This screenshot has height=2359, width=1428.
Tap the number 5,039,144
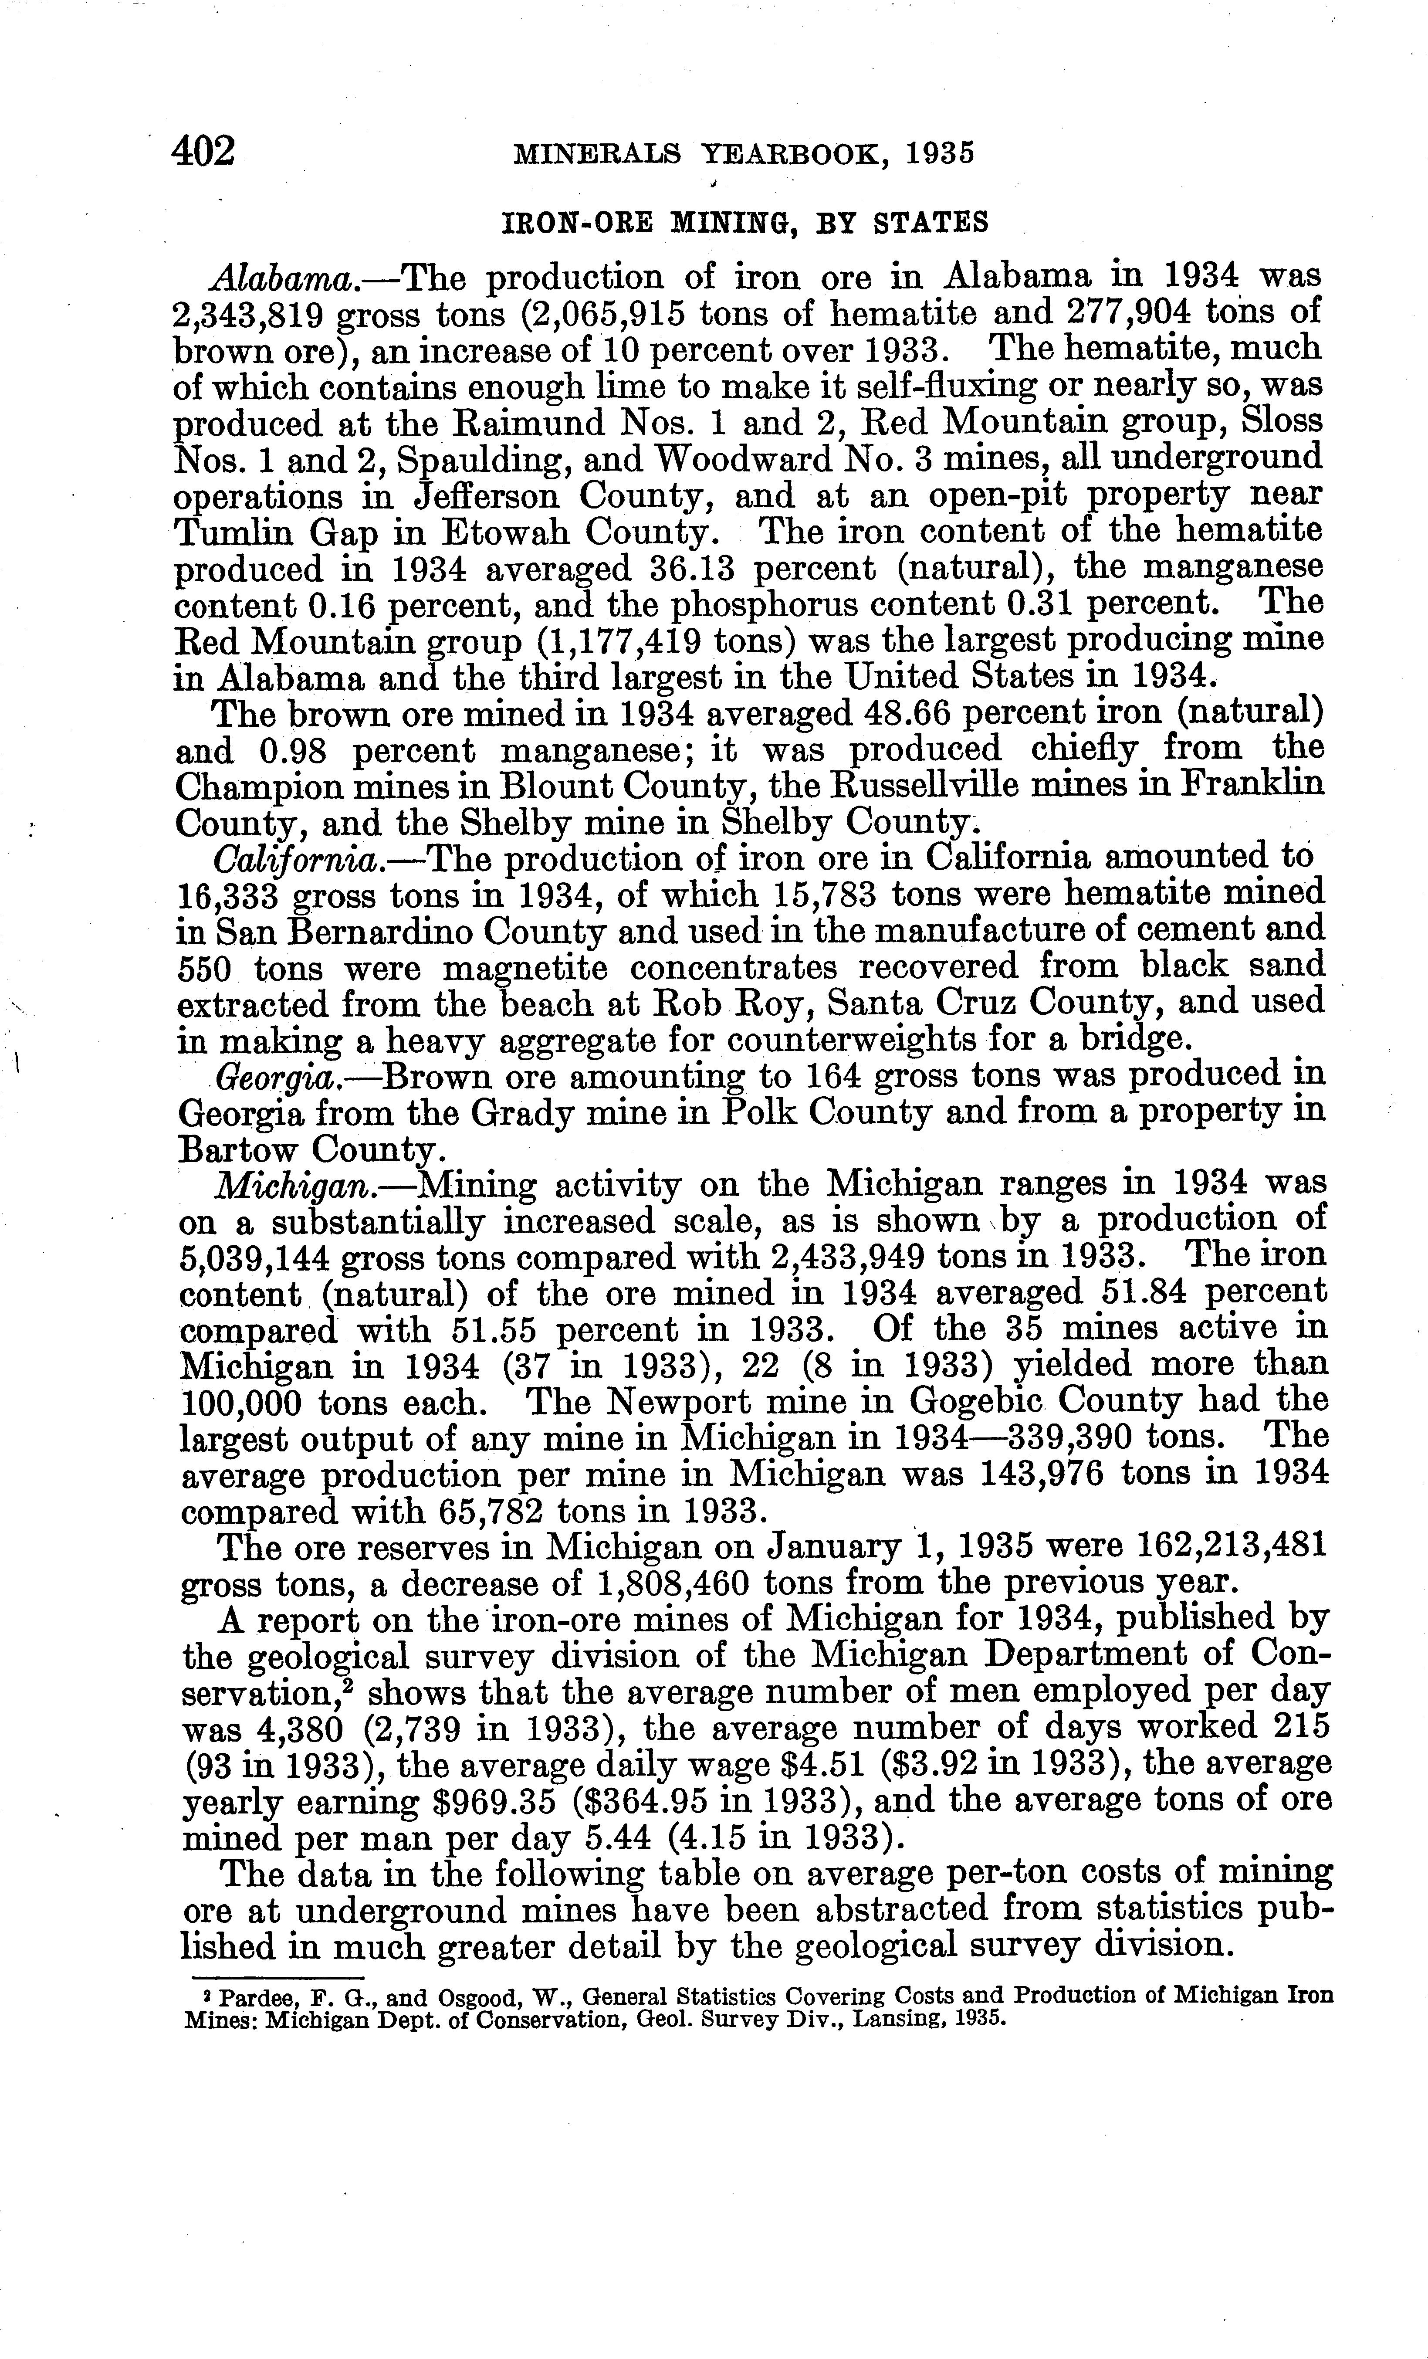coord(252,1258)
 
